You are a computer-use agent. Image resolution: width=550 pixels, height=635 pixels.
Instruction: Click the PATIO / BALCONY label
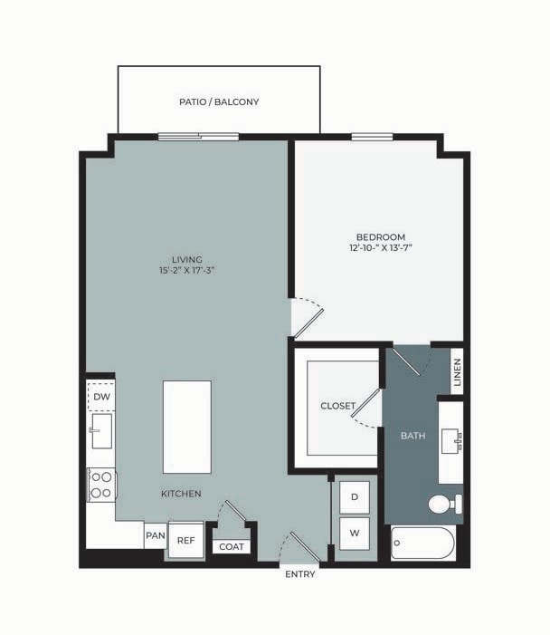pos(219,102)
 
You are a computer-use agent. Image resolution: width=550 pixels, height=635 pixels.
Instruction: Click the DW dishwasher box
pos(101,396)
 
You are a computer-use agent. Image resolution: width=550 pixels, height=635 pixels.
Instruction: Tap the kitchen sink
pos(101,431)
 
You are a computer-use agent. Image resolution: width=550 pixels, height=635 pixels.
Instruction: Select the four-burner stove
pos(101,484)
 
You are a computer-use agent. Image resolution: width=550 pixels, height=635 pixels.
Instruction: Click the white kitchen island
pos(186,426)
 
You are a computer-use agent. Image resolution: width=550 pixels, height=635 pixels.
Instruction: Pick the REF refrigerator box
pos(185,540)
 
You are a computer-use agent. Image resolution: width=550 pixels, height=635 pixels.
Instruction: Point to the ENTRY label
pos(299,575)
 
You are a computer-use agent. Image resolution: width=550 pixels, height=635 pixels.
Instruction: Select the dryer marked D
pos(355,497)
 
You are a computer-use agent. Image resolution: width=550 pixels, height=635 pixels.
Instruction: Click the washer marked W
pos(355,534)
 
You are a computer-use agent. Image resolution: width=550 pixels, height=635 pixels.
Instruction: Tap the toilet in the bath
pos(444,505)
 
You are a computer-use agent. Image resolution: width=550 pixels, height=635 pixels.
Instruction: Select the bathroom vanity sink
pos(451,442)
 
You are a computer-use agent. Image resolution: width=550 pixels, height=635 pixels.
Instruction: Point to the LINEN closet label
pos(457,371)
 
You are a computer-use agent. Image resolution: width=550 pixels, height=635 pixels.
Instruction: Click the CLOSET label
pos(337,406)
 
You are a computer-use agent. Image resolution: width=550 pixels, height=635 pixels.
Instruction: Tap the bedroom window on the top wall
pos(372,137)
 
